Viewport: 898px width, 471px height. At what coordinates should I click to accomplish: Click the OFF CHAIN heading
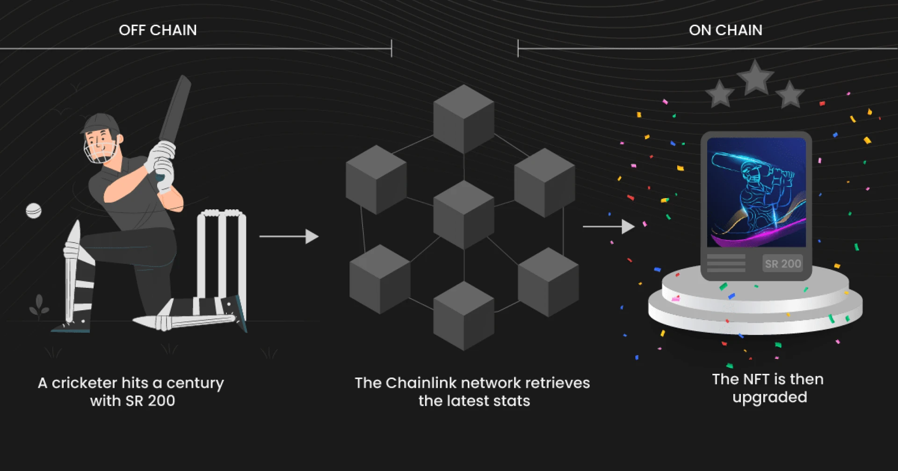(158, 30)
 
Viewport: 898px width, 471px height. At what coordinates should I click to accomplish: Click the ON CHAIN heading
(725, 30)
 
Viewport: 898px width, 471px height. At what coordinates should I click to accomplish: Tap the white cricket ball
(34, 211)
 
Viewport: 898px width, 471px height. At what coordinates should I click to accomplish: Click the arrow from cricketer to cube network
(289, 236)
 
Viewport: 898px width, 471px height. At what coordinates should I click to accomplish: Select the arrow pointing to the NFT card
(608, 227)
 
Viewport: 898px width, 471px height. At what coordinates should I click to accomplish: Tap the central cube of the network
(463, 215)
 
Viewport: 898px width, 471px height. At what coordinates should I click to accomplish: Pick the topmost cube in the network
(463, 119)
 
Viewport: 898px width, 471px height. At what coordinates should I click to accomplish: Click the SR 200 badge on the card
(782, 264)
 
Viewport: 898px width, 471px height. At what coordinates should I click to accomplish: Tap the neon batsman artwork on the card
(756, 192)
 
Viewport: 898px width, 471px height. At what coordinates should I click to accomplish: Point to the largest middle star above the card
(755, 78)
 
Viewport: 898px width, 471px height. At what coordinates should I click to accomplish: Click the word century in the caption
(195, 383)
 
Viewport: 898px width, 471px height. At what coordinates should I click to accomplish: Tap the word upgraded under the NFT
(769, 398)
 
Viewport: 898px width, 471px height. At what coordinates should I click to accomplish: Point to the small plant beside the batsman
(39, 306)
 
